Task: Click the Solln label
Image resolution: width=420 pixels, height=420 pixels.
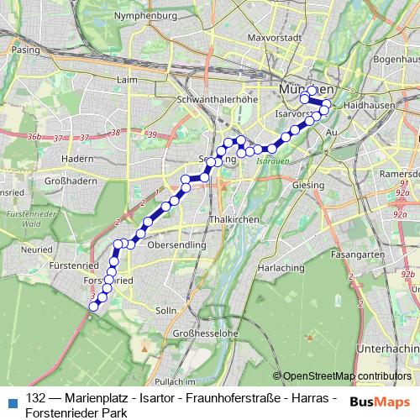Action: point(166,310)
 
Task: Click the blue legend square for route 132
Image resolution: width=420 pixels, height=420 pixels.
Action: point(10,397)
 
